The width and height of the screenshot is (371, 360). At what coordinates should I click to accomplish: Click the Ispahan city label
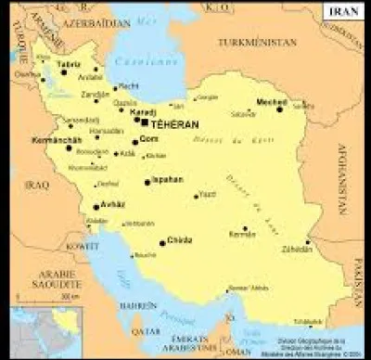click(168, 178)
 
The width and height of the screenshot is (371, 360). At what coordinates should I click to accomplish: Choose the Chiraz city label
click(180, 240)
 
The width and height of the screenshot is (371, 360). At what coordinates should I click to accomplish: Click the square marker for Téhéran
click(145, 122)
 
